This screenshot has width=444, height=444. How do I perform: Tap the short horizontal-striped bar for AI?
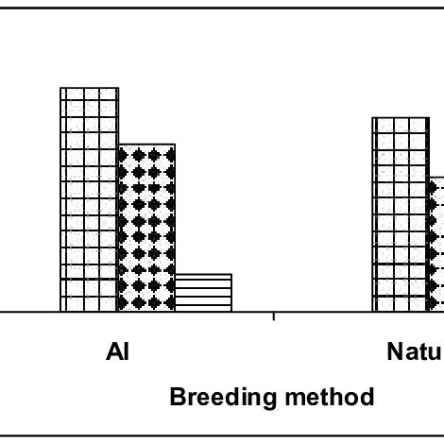coord(203,293)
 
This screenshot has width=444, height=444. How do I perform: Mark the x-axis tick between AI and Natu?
coord(273,316)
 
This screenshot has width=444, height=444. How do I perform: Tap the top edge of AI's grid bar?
coord(89,88)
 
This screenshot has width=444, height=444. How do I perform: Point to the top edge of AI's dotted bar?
coord(146,145)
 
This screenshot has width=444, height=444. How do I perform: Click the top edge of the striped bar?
coord(203,275)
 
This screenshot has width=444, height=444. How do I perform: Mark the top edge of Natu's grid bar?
coord(401,118)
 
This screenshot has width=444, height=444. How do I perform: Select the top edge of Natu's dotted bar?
coord(436,177)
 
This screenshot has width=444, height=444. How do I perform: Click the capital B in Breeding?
coord(178,397)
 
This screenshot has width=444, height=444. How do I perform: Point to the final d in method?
coord(366,397)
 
